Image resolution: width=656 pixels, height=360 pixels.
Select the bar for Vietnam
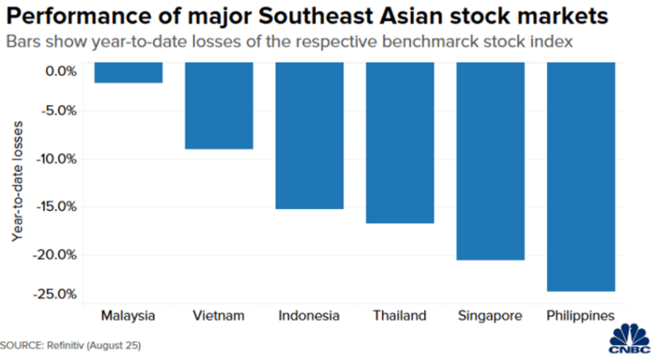218,106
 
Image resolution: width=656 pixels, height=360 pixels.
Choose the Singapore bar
490,161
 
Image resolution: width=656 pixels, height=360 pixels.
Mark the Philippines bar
580,176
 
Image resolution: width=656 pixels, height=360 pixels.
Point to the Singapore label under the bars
490,315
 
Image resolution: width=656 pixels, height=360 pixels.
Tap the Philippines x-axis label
580,315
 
